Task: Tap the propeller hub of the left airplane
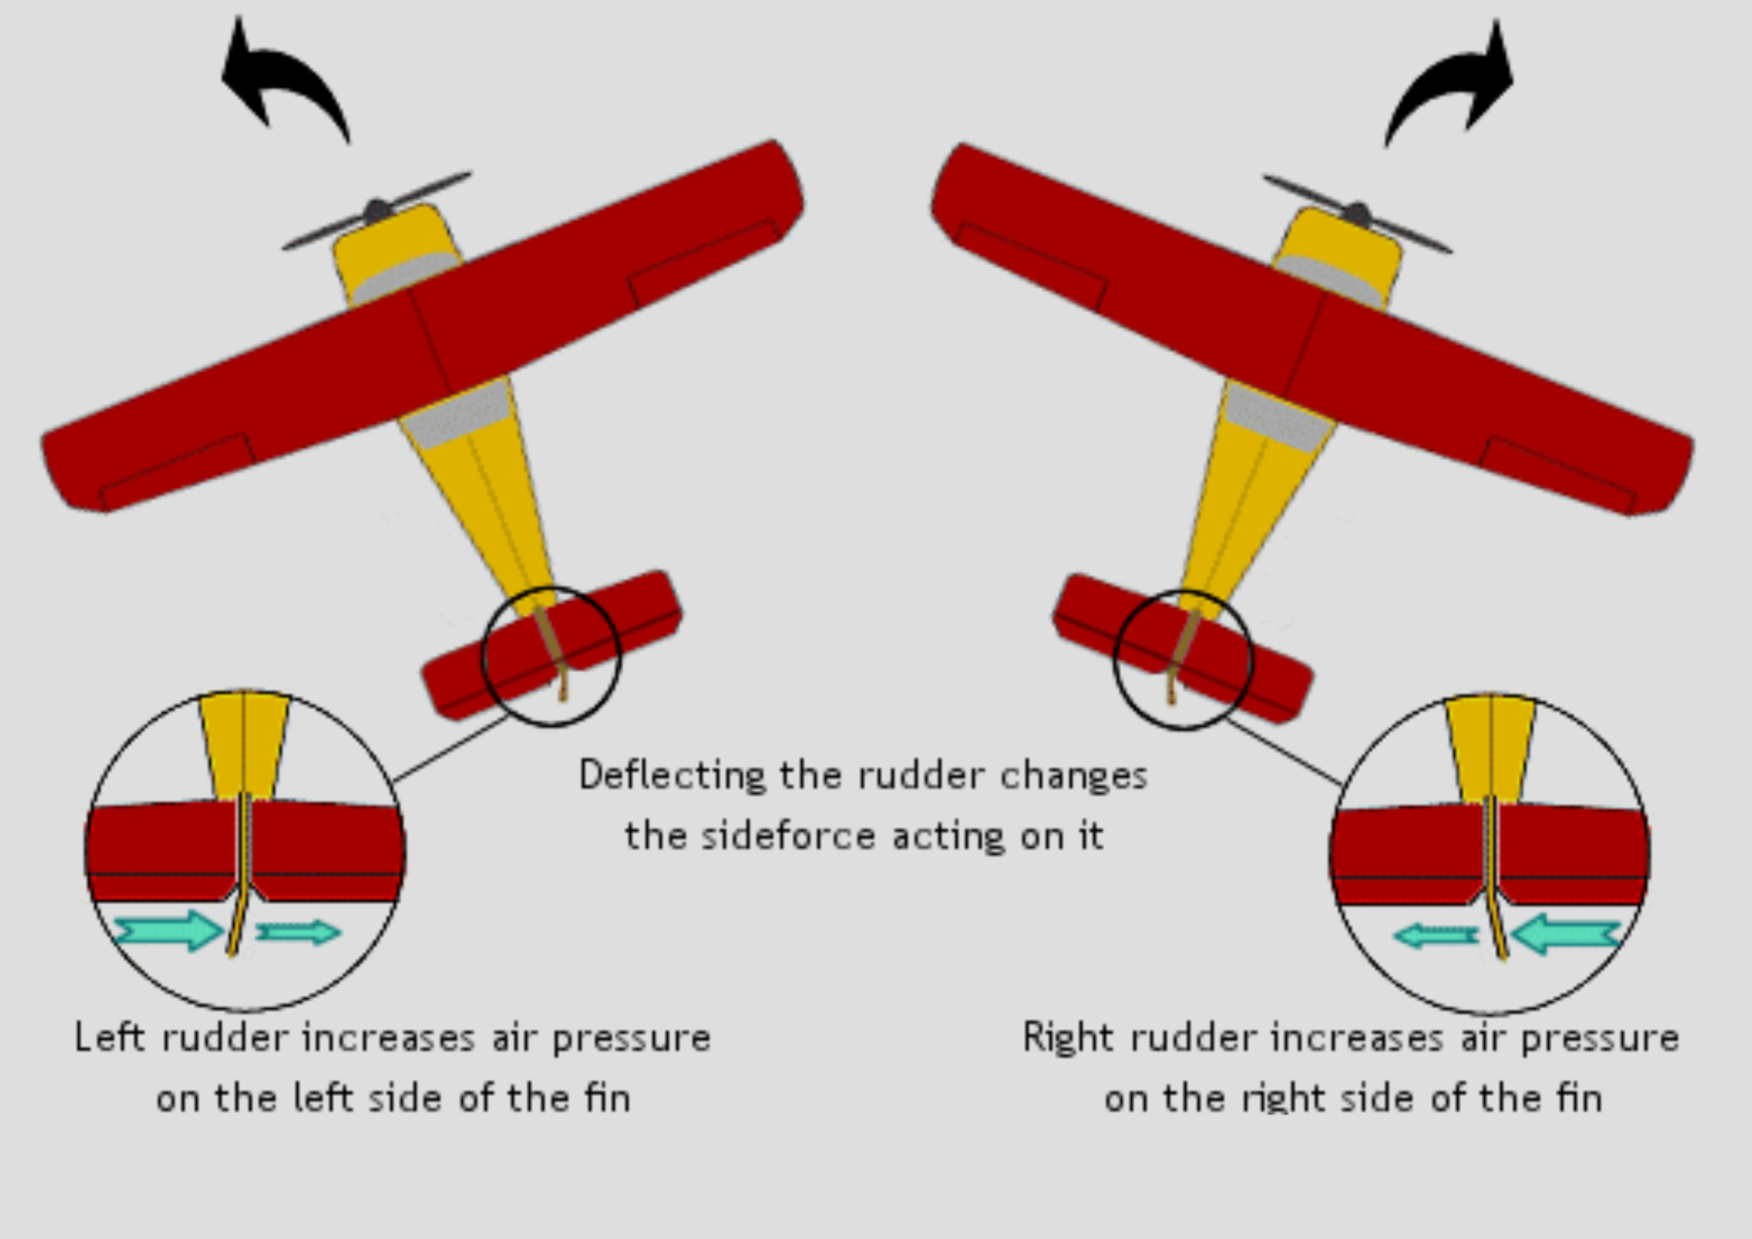[377, 211]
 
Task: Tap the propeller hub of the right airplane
[1357, 214]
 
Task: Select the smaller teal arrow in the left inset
[298, 932]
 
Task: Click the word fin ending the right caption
[1579, 1099]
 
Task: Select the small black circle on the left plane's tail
[551, 656]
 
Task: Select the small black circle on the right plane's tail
[1183, 660]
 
